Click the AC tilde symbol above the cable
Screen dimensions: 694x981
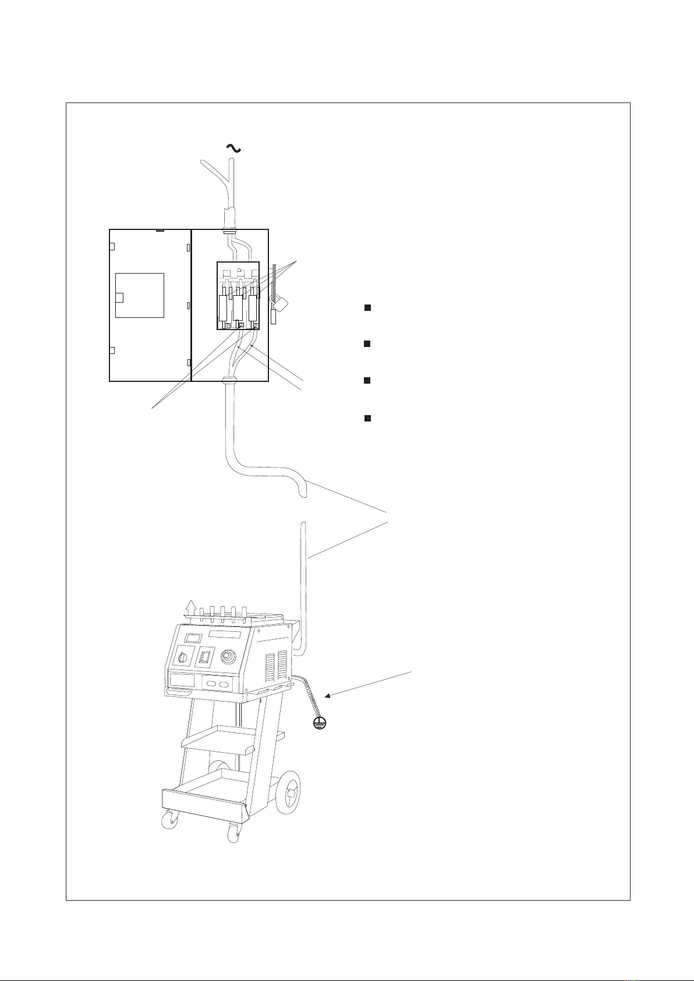(233, 149)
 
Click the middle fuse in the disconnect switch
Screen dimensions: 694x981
(238, 307)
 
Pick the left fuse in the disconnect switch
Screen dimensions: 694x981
(224, 307)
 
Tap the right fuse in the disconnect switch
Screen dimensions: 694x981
(253, 307)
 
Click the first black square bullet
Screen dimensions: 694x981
(367, 307)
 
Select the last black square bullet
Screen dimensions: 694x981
(367, 419)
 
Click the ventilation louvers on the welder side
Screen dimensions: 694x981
(276, 667)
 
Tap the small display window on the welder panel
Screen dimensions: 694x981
(192, 638)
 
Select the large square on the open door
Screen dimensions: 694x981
(140, 295)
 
